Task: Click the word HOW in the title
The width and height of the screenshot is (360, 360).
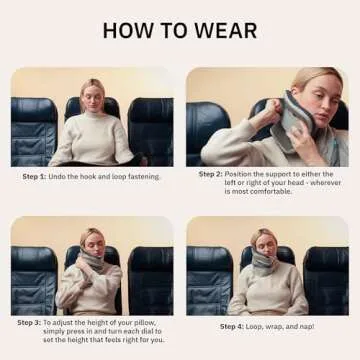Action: (131, 31)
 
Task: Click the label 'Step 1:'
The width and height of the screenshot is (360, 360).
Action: (35, 176)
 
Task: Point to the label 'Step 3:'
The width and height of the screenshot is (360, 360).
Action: (30, 323)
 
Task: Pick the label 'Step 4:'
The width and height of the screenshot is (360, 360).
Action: (233, 326)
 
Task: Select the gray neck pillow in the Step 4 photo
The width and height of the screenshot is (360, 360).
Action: (267, 262)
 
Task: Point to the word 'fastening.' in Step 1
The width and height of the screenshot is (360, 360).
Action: (141, 176)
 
